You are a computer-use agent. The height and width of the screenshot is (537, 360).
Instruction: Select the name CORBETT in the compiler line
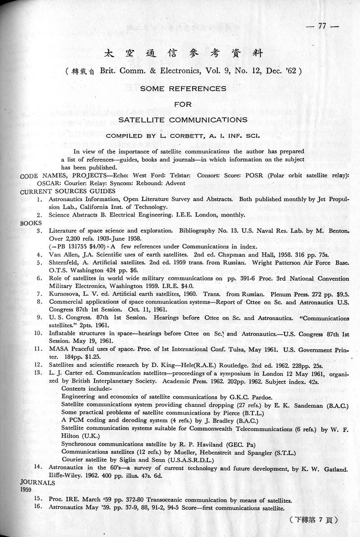click(x=184, y=135)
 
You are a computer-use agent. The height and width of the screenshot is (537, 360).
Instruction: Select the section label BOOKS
click(x=31, y=223)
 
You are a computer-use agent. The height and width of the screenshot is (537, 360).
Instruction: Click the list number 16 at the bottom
click(x=39, y=507)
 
